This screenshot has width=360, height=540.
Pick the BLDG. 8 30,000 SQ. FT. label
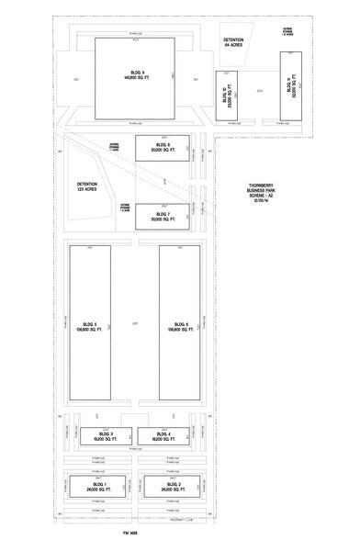click(x=163, y=148)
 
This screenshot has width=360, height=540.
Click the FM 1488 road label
click(x=129, y=532)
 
